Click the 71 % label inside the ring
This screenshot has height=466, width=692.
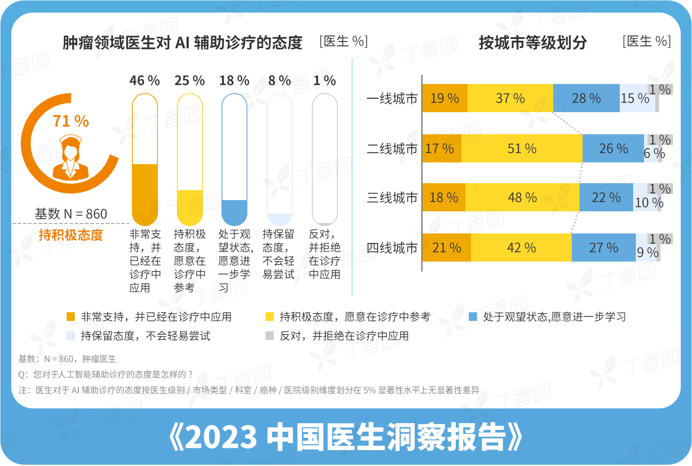pos(70,121)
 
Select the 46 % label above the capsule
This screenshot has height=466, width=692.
pos(144,81)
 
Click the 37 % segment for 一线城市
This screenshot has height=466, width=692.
pos(510,98)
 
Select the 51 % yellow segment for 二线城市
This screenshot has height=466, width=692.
pos(522,149)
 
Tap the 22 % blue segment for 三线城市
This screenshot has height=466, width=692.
pos(606,197)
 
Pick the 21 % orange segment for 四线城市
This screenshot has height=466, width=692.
pos(446,248)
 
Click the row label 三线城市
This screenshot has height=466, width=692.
pos(392,198)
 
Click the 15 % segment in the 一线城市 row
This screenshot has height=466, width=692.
pos(635,99)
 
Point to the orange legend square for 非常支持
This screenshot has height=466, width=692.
pos(71,317)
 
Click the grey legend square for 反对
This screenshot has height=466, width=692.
pos(270,336)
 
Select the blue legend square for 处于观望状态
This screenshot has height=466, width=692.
pos(473,317)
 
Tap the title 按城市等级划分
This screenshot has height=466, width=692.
pos(532,42)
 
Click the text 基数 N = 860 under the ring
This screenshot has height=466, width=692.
pos(71,214)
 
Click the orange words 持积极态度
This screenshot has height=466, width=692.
pos(71,235)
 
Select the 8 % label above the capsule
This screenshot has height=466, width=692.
pos(279,81)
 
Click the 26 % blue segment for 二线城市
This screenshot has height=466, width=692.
pos(613,149)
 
